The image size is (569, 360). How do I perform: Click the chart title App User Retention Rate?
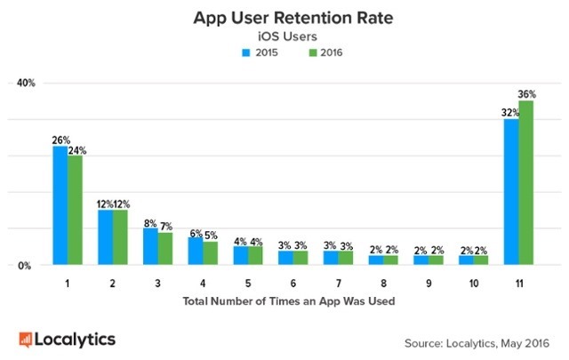coord(284,17)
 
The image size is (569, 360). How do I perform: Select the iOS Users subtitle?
coord(284,36)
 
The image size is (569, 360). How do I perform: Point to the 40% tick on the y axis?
coord(25,84)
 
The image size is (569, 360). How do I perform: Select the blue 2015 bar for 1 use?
coord(60,205)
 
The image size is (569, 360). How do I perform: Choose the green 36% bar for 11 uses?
coord(526,182)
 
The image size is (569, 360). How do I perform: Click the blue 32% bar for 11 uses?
coord(511,191)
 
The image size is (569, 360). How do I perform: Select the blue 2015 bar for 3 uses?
coord(150,246)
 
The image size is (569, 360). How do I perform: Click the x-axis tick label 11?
coord(519,284)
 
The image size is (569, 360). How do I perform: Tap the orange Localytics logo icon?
coord(27,339)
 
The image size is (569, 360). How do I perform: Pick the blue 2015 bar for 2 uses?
coord(105,237)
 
